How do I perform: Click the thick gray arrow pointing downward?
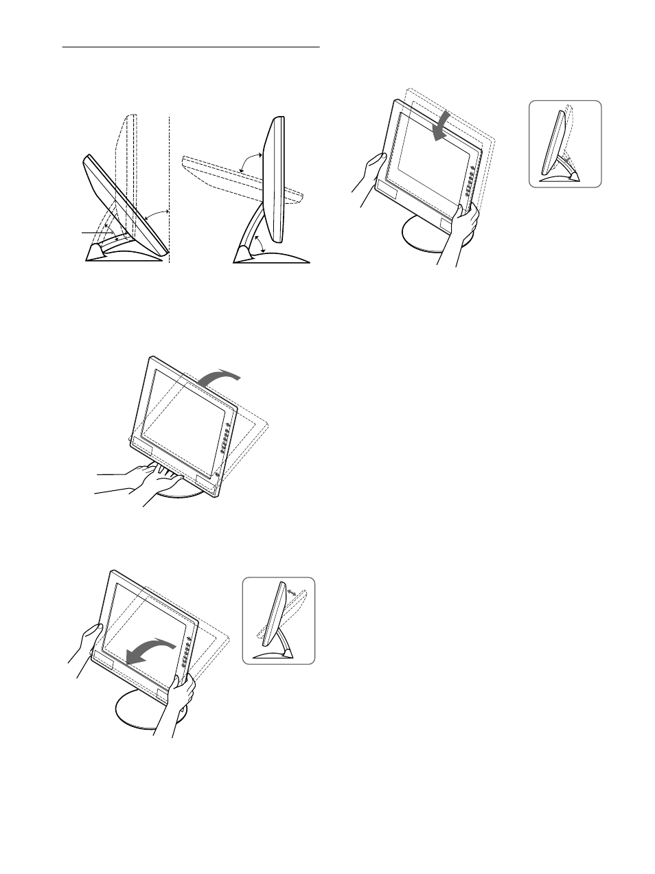coord(439,128)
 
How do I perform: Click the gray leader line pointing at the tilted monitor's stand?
coord(96,233)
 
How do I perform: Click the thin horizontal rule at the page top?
coord(192,48)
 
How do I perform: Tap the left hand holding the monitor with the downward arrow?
coord(367,173)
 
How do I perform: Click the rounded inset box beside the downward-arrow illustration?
coord(565,144)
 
